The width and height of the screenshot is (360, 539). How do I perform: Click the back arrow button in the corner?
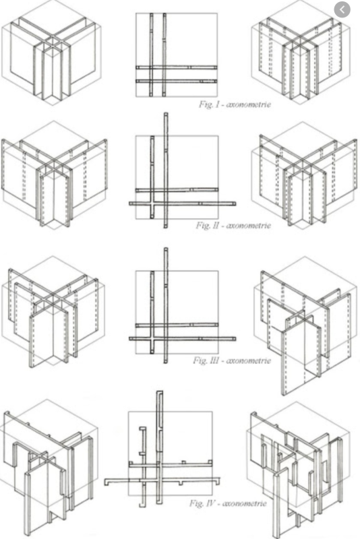(x=342, y=10)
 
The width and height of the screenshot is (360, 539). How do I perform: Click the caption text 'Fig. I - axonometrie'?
(x=235, y=104)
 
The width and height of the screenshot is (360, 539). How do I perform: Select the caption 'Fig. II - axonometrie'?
(x=233, y=226)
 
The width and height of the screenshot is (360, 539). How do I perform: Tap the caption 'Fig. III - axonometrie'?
(x=232, y=360)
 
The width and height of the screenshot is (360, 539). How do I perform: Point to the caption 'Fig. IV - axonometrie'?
(x=228, y=503)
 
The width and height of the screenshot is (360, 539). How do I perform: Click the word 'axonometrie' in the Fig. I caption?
(x=249, y=104)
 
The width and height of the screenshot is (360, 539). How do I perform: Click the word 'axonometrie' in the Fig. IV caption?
(x=245, y=504)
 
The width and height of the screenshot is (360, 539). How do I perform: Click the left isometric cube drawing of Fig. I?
(x=52, y=53)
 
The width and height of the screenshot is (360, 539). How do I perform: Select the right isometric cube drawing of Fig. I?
(x=301, y=53)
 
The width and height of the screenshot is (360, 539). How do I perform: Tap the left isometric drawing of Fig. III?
(x=53, y=311)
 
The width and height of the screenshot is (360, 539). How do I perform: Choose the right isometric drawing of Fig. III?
(x=306, y=326)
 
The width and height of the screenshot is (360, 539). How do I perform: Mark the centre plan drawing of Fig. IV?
(x=162, y=449)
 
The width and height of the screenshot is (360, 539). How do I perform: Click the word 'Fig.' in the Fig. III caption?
(x=200, y=360)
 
